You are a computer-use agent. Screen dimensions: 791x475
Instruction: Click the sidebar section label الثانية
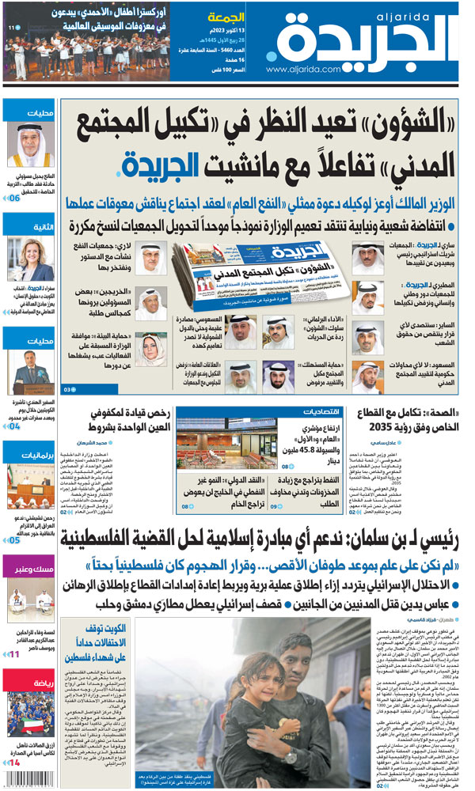(31, 226)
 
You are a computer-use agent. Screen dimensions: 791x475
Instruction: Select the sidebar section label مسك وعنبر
(31, 566)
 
